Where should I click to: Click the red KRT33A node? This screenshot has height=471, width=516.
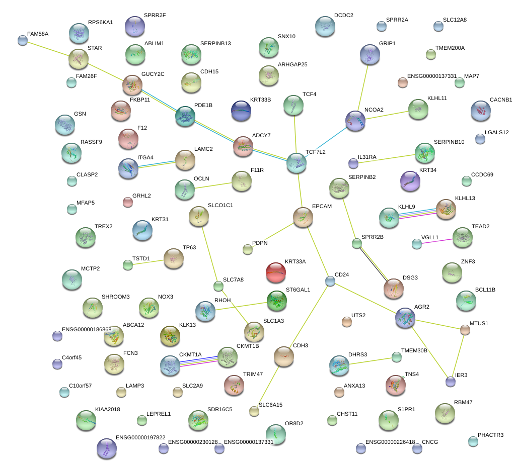coord(275,272)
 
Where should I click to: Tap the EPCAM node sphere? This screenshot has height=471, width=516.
coord(303,217)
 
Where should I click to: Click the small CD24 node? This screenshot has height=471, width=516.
coord(330,281)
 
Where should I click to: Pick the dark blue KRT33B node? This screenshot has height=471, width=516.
coord(241,111)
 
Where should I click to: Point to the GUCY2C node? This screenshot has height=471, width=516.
coord(132,85)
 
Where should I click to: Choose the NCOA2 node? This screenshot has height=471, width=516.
coord(355,121)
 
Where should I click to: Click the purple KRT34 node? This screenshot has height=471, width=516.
coord(410,181)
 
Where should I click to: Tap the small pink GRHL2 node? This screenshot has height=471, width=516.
coord(128,202)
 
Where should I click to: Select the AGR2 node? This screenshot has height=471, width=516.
coord(406,318)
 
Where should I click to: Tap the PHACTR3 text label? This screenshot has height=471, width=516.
coord(490,435)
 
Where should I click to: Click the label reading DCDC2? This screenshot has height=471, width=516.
coord(343,16)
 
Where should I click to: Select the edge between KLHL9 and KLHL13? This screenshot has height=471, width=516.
coord(417,213)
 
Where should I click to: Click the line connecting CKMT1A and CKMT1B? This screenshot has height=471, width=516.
coord(198,361)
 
